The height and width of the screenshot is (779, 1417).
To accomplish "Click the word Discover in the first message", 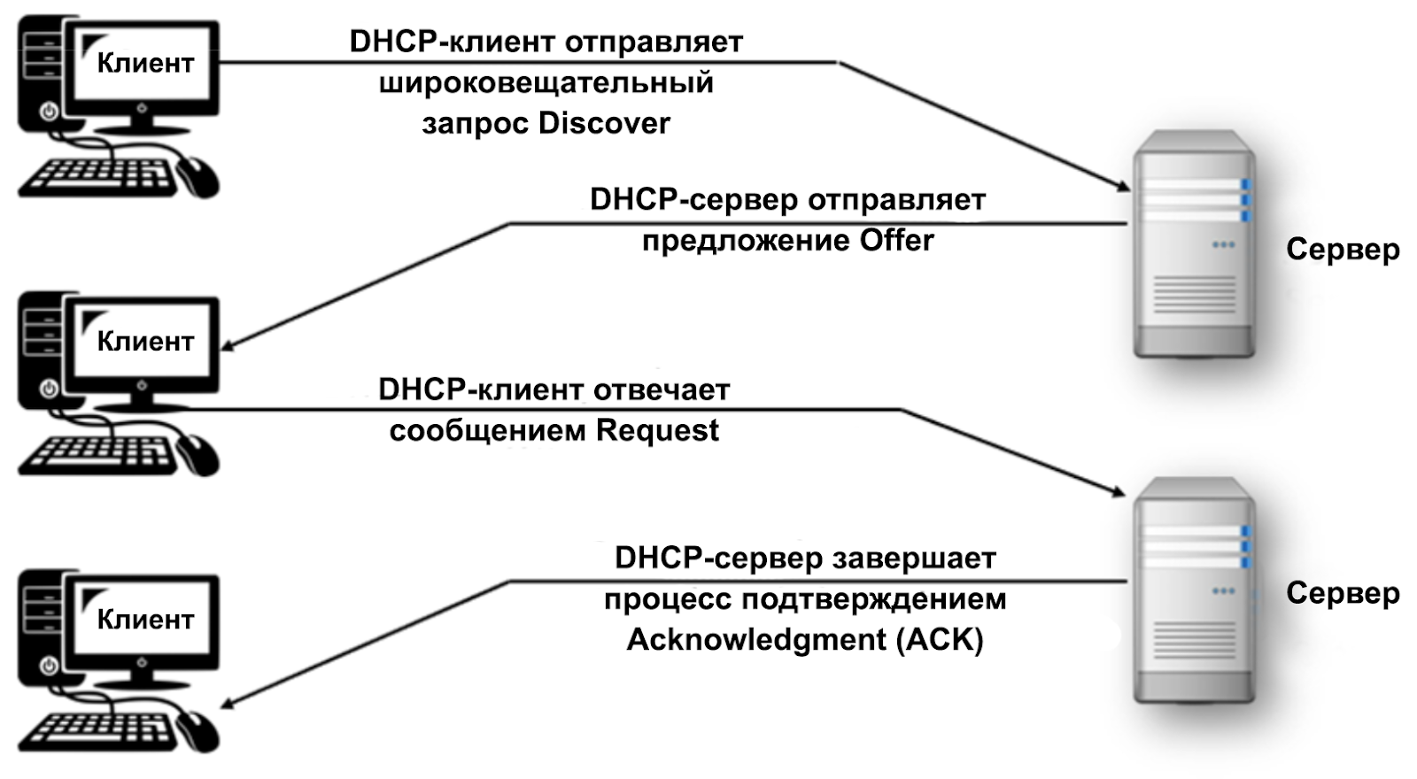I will [x=604, y=123].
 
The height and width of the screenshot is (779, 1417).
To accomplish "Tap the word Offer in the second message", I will [x=896, y=240].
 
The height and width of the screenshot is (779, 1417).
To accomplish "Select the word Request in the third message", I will [x=657, y=430].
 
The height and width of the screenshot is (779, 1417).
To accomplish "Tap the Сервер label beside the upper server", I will [x=1342, y=250].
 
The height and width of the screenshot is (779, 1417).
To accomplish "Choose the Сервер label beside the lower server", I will [x=1342, y=593].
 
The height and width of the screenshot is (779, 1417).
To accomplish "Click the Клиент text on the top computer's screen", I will [x=145, y=64].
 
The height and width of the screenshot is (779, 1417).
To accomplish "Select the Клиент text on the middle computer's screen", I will [x=145, y=342].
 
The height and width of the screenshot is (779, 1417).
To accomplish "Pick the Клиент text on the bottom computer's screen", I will [x=145, y=620].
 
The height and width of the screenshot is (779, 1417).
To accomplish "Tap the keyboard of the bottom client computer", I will [x=96, y=731].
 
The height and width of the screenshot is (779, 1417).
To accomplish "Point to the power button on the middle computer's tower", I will [x=49, y=388].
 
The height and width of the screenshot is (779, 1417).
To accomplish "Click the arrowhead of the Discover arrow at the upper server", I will [x=1123, y=186].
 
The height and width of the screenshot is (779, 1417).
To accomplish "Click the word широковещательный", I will [x=546, y=82].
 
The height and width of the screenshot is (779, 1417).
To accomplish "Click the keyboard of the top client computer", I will [x=96, y=177].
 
